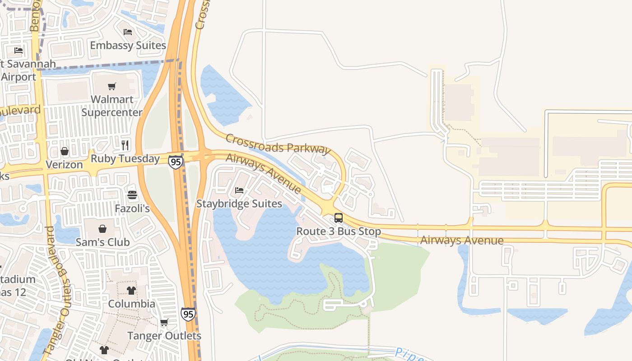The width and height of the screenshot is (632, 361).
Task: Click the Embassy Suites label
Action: pyautogui.click(x=128, y=46)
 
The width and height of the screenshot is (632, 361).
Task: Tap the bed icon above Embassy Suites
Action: pyautogui.click(x=128, y=32)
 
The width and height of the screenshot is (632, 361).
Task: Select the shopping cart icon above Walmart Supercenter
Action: pyautogui.click(x=112, y=86)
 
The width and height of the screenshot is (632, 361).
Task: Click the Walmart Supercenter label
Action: pyautogui.click(x=112, y=106)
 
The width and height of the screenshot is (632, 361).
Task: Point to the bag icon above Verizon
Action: pyautogui.click(x=65, y=151)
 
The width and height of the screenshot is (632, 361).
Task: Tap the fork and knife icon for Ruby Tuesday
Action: pyautogui.click(x=125, y=145)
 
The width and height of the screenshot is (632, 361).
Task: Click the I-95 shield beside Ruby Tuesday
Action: pyautogui.click(x=176, y=162)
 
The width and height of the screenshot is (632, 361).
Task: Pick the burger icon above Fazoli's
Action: pyautogui.click(x=132, y=195)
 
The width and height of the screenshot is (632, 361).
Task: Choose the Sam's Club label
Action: pyautogui.click(x=102, y=242)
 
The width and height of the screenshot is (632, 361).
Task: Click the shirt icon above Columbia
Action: pyautogui.click(x=131, y=290)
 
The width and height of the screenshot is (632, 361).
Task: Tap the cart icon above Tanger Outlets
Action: pyautogui.click(x=164, y=323)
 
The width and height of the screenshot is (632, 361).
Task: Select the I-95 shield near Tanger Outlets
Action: pyautogui.click(x=188, y=314)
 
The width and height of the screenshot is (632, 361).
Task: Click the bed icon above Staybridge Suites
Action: pyautogui.click(x=239, y=190)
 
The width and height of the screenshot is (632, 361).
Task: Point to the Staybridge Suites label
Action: pyautogui.click(x=239, y=204)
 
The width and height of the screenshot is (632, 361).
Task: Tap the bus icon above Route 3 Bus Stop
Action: pyautogui.click(x=339, y=218)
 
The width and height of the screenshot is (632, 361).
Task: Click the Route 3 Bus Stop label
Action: pyautogui.click(x=339, y=231)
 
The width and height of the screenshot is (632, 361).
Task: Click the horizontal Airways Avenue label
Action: pyautogui.click(x=462, y=240)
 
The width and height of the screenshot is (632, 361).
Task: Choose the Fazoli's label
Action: pyautogui.click(x=132, y=209)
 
